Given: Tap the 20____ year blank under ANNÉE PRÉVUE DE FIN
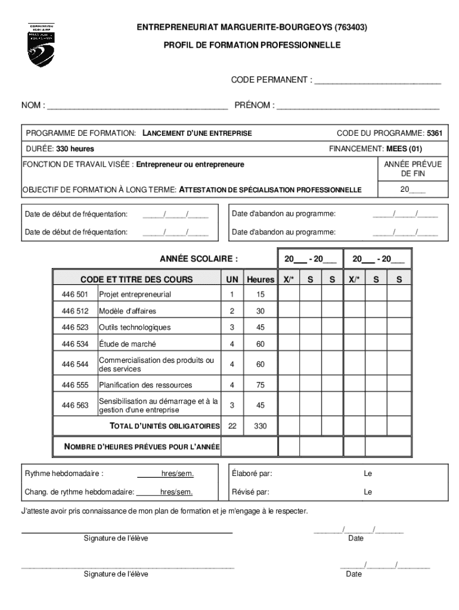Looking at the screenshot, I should (413, 189).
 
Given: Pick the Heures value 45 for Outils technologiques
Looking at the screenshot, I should (260, 328).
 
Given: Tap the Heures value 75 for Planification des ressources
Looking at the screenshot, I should (260, 385).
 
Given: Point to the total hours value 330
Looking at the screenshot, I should (260, 426).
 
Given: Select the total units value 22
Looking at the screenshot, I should (232, 426).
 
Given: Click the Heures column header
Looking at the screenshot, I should (260, 279).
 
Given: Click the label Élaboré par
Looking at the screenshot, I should (252, 474).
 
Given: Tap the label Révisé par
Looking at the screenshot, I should (250, 492).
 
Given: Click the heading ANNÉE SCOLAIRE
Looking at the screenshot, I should (199, 259).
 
